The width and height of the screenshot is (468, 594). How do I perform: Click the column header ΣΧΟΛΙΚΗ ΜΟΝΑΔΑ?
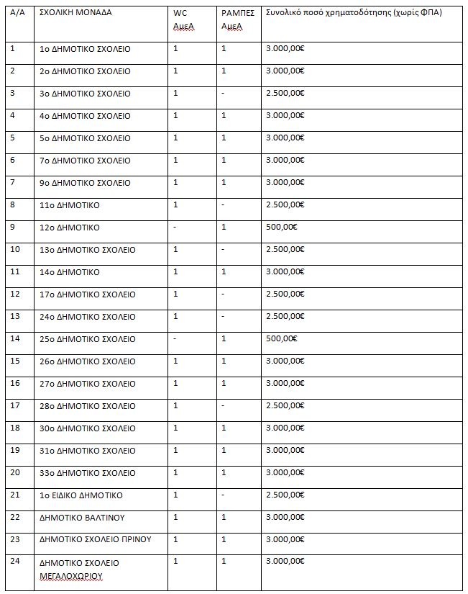click(75, 13)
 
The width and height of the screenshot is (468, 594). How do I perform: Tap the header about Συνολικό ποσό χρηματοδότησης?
click(353, 13)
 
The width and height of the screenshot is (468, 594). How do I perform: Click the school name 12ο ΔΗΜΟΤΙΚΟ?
click(69, 228)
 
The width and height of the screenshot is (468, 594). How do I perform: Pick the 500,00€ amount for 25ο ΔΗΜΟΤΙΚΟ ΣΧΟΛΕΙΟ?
click(281, 339)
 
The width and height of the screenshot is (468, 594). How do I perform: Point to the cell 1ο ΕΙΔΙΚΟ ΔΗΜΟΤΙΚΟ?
click(81, 495)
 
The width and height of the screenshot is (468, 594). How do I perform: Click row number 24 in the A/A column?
click(15, 562)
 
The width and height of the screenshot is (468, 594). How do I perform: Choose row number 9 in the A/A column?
click(13, 228)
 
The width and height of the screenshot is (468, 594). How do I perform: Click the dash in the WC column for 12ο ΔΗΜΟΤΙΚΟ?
click(175, 228)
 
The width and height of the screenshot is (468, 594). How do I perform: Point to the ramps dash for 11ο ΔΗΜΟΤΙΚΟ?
click(224, 205)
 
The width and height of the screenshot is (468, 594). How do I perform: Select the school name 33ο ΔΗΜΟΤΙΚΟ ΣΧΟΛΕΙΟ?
click(87, 473)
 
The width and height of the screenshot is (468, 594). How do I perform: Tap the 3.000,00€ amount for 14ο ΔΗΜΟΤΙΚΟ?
click(285, 272)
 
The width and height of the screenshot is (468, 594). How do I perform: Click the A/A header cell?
click(17, 13)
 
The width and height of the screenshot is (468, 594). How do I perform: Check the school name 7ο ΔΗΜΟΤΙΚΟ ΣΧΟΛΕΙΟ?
click(85, 161)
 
